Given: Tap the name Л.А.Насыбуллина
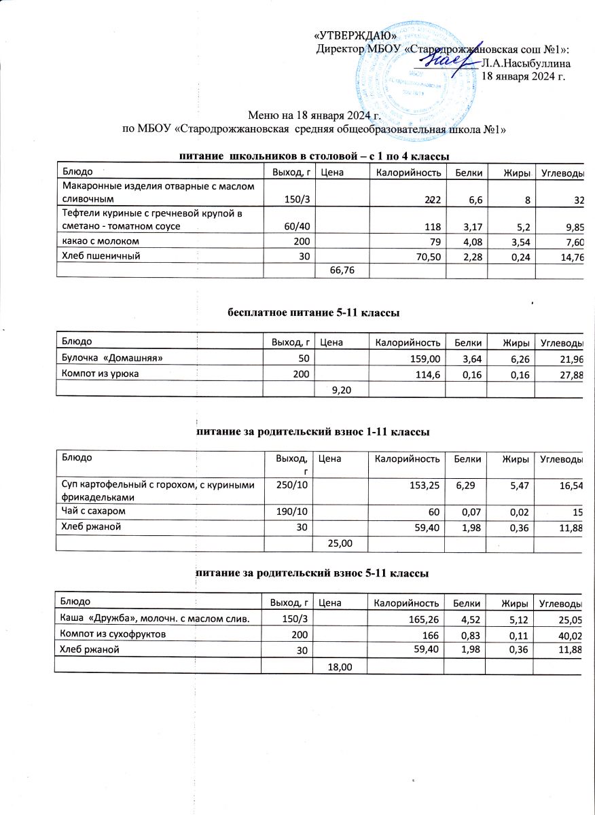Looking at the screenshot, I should tap(525, 62).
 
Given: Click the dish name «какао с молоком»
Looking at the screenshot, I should tap(102, 241).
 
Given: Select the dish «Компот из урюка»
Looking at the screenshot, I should tap(101, 373).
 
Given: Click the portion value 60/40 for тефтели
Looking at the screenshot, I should tap(295, 225).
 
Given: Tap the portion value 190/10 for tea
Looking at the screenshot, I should tap(292, 510).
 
